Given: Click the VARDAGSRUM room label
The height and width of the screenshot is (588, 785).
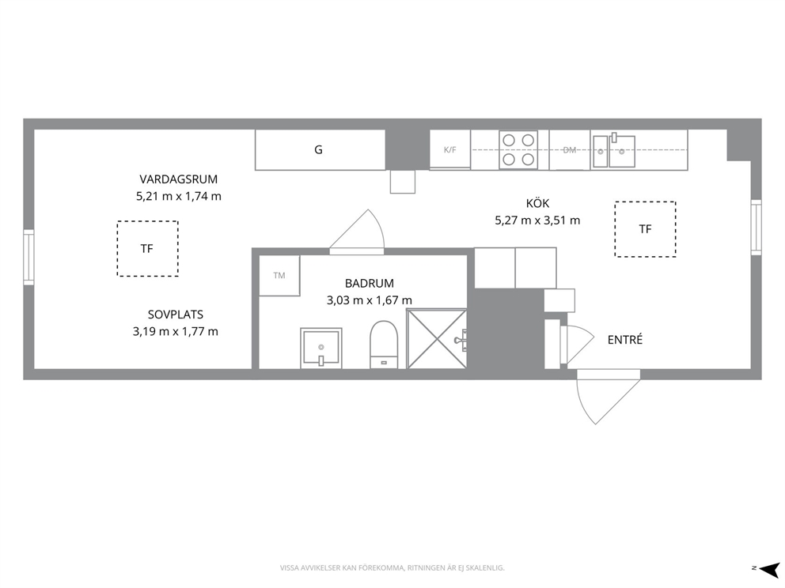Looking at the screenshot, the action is coord(178,179).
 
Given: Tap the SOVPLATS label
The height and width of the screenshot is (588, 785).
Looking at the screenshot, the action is coord(175,315).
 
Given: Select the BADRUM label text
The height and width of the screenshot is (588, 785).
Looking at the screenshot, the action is coord(370,284).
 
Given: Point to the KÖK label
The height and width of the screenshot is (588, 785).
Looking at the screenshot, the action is coord(537,203).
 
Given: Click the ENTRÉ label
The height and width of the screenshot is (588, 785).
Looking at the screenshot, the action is coord(625,340).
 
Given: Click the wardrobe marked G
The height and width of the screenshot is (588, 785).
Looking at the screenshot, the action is coord(320,149).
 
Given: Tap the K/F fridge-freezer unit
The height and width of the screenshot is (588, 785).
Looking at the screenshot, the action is coord(449,149).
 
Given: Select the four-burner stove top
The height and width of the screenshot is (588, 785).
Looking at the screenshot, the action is coord(518,149).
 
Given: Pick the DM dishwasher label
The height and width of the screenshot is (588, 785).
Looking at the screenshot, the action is coord(570,149).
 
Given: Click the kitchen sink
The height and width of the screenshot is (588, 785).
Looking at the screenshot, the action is coord(614,150).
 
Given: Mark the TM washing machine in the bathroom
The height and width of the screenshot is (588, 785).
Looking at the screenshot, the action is coord(279,276).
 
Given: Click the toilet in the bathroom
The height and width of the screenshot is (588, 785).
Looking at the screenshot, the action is coord(384,345).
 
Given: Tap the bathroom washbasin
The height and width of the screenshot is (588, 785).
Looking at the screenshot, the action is coord(321,348).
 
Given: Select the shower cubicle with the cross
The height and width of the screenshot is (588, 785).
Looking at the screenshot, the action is coord(437,339).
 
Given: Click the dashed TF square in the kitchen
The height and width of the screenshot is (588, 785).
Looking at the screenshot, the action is coord(645,229).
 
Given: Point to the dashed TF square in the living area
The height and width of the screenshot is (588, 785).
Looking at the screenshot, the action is coord(148,248).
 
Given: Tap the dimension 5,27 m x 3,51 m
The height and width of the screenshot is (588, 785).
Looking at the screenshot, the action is coord(537,220).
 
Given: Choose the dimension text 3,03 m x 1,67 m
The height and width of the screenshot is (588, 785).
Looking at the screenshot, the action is coord(370,300).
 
